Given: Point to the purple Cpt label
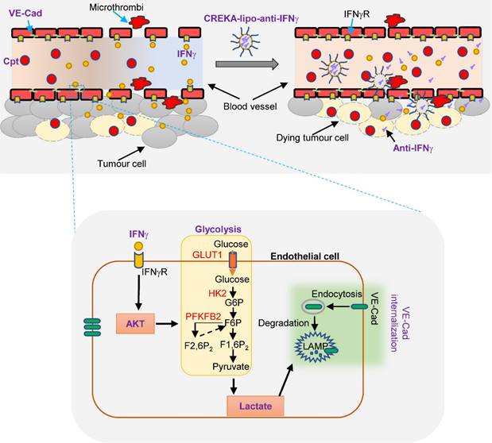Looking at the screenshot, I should [13, 60].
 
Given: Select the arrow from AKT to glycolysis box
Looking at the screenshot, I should [165, 323].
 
